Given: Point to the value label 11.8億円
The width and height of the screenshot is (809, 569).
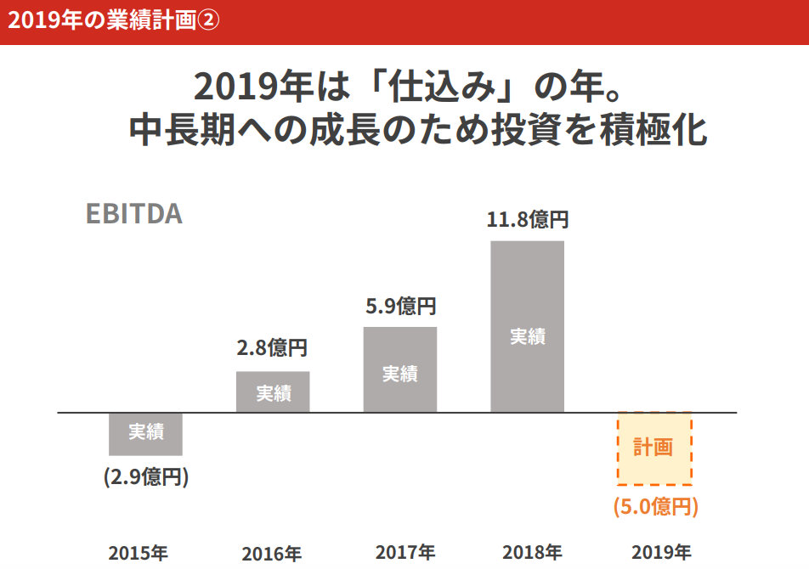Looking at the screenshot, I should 527,220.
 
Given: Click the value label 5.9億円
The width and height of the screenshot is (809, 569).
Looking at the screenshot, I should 400,306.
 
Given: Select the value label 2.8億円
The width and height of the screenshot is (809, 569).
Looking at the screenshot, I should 272,347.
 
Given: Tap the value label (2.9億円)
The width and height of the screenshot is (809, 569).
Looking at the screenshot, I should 145,476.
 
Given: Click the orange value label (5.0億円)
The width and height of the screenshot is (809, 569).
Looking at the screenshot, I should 655,507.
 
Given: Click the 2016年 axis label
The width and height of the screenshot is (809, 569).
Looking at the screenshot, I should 271,555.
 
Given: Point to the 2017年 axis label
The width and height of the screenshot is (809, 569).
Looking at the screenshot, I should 405,553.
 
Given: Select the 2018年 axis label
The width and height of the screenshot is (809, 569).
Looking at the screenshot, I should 532,553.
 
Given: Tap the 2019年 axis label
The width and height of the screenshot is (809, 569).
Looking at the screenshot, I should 660,553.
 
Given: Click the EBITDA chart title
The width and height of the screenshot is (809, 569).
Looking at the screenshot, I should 134,213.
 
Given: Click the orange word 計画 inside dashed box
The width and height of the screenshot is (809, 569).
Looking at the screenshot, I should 653,447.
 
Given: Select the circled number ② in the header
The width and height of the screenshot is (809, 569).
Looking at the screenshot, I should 208,20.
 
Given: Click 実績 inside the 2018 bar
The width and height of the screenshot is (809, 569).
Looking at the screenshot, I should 527,336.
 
